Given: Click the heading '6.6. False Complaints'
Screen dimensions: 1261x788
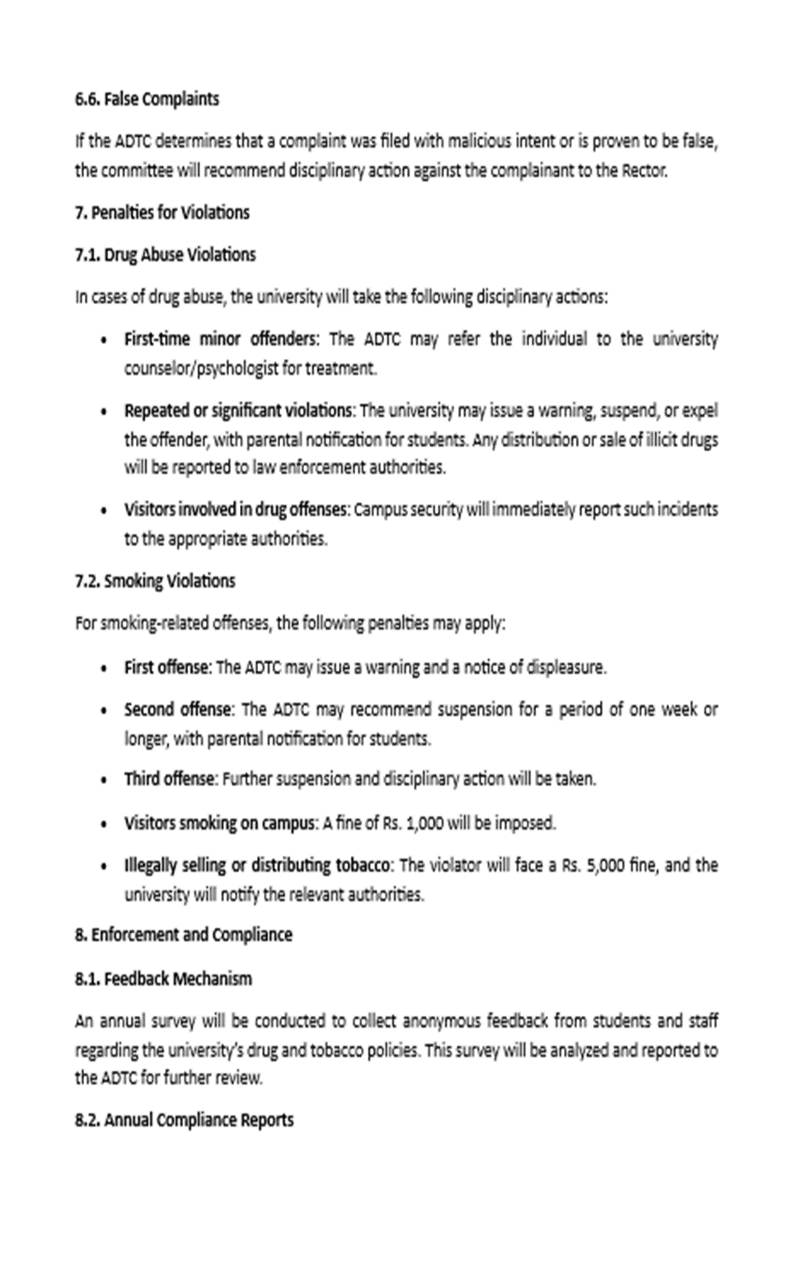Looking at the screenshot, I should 147,100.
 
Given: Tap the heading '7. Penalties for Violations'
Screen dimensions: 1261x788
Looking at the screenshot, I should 162,213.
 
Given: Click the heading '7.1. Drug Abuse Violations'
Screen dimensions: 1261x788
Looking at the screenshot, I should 165,255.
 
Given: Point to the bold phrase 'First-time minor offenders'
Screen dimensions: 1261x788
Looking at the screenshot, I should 220,339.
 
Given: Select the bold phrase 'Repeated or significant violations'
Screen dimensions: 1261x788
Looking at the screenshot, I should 238,411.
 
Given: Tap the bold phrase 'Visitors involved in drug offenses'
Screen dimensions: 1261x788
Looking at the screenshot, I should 235,510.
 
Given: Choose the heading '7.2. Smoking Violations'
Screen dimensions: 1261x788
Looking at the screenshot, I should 155,581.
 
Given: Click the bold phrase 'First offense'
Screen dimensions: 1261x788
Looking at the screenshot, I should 167,667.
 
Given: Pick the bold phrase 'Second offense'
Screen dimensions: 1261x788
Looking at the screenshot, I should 178,709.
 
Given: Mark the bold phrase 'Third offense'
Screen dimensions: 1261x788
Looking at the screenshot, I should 169,779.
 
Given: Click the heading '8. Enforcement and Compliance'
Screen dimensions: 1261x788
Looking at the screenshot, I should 183,935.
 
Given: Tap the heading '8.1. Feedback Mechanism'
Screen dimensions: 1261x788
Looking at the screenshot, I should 163,979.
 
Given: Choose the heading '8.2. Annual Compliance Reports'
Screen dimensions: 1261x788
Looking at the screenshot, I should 184,1120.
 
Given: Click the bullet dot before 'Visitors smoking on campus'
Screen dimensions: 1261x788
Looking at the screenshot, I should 103,824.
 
